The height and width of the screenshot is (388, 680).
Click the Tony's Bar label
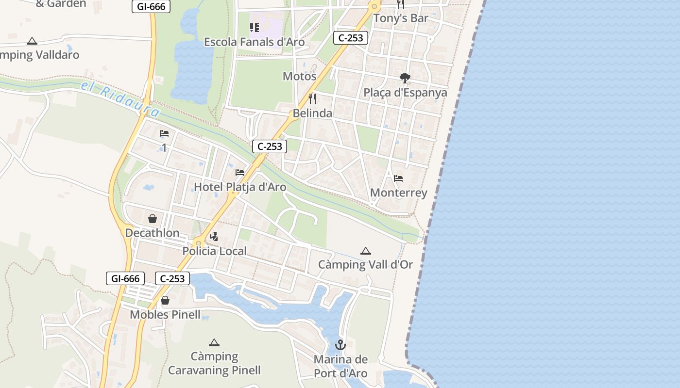tap(400, 18)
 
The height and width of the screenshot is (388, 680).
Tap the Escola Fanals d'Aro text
tap(254, 42)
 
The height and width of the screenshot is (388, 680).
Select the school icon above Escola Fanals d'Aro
tap(255, 28)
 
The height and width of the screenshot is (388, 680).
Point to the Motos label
tap(299, 77)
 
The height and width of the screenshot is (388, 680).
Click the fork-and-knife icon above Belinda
tap(312, 99)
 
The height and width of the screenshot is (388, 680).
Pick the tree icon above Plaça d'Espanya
tap(405, 78)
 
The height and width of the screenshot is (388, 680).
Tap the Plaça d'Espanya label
tap(405, 93)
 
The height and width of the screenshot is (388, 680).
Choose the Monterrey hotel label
tap(398, 193)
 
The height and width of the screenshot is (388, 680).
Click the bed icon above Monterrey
tap(398, 178)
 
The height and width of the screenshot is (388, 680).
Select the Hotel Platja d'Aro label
tap(240, 187)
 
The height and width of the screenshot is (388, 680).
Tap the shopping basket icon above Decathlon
tap(153, 219)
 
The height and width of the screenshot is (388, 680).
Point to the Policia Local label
tap(214, 251)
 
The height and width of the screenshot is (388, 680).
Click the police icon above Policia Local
tap(214, 237)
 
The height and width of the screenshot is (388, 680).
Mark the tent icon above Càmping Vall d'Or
tap(365, 251)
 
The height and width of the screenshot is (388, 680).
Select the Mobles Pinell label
tap(165, 315)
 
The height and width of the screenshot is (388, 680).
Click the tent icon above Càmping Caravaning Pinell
tap(214, 342)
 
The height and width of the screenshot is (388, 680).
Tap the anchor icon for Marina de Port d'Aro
tap(340, 345)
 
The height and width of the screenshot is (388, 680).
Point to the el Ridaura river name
tap(120, 100)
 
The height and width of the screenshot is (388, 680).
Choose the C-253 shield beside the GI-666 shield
tap(172, 278)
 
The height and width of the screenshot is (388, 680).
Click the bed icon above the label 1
tap(164, 133)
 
